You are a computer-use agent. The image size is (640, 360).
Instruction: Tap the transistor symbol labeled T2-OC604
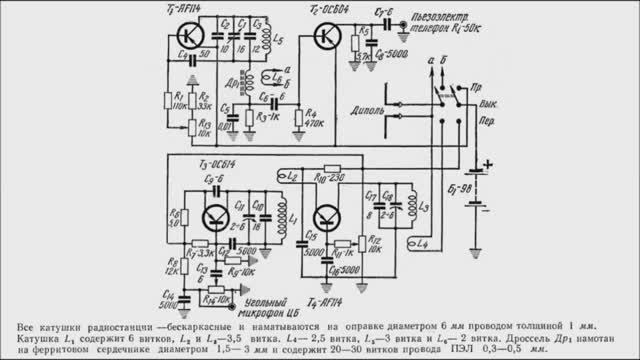pyautogui.click(x=324, y=37)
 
